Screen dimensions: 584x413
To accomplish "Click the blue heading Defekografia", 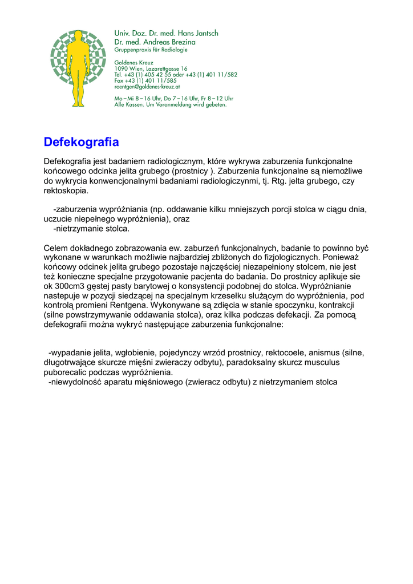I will point(81,141).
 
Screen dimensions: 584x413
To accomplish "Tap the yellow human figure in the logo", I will point(78,68).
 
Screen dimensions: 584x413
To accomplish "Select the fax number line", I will point(145,80).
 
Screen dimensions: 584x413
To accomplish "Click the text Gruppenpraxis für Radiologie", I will point(151,50).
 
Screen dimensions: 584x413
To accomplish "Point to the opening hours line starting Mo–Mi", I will point(173,98).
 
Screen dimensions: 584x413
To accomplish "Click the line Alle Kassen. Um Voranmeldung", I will point(171,104).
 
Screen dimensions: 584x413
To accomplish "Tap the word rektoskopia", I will point(66,190).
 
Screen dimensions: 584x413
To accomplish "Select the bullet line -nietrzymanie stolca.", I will point(91,229).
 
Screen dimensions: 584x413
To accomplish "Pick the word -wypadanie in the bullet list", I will point(70,352).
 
